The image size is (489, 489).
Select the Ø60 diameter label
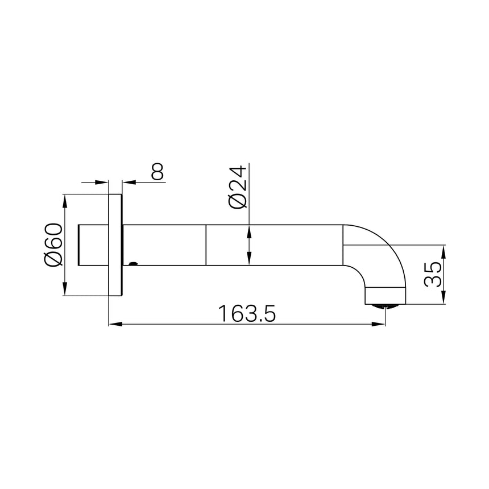(x=53, y=244)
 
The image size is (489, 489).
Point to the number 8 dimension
(x=158, y=171)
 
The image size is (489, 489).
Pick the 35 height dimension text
(x=433, y=275)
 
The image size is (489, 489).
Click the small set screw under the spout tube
(x=134, y=264)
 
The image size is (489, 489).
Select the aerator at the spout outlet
(x=384, y=306)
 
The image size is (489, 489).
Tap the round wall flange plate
(x=115, y=244)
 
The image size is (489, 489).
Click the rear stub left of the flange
(x=92, y=245)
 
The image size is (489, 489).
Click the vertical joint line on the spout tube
(x=205, y=245)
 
